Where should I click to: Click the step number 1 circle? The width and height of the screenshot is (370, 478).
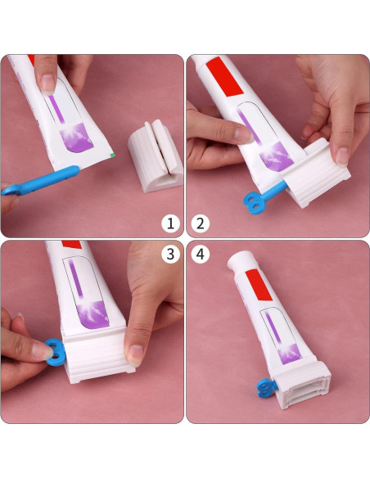tap(170, 223)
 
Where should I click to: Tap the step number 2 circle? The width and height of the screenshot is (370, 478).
tap(201, 223)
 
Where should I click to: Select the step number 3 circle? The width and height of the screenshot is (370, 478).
tap(170, 254)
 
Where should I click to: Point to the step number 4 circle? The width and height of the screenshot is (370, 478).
tap(201, 254)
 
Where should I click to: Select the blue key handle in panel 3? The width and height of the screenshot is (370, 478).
tap(56, 352)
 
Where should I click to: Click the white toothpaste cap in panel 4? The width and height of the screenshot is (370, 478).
tap(241, 260)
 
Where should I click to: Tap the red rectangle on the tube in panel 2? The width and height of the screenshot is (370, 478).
tap(224, 76)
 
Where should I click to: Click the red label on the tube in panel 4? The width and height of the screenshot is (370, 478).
tap(259, 285)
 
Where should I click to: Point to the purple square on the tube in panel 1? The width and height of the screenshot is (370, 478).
tap(76, 138)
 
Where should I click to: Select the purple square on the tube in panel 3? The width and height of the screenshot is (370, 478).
tap(92, 315)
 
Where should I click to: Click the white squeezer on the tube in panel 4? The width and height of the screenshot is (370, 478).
tap(301, 385)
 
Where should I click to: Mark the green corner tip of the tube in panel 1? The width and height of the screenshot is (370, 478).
tap(113, 155)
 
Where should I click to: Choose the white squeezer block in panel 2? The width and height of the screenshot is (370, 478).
tap(317, 174)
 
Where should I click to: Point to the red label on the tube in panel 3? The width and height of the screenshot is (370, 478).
tap(72, 245)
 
